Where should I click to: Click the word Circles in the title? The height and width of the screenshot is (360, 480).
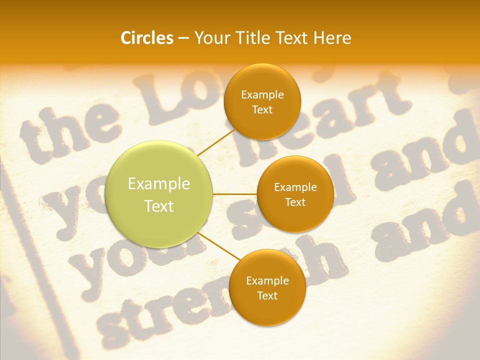coord(146,38)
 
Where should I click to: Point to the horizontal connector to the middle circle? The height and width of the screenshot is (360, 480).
coord(234,194)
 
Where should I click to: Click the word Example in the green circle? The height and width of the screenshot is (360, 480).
coord(159,184)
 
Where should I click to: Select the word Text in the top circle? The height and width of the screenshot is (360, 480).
coord(262,109)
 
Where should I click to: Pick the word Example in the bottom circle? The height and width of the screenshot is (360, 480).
coord(267,280)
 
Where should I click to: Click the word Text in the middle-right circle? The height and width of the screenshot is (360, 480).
coord(295,202)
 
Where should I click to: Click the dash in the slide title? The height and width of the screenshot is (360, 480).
coord(183,38)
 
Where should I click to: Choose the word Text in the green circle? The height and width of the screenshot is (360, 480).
coord(159,206)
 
